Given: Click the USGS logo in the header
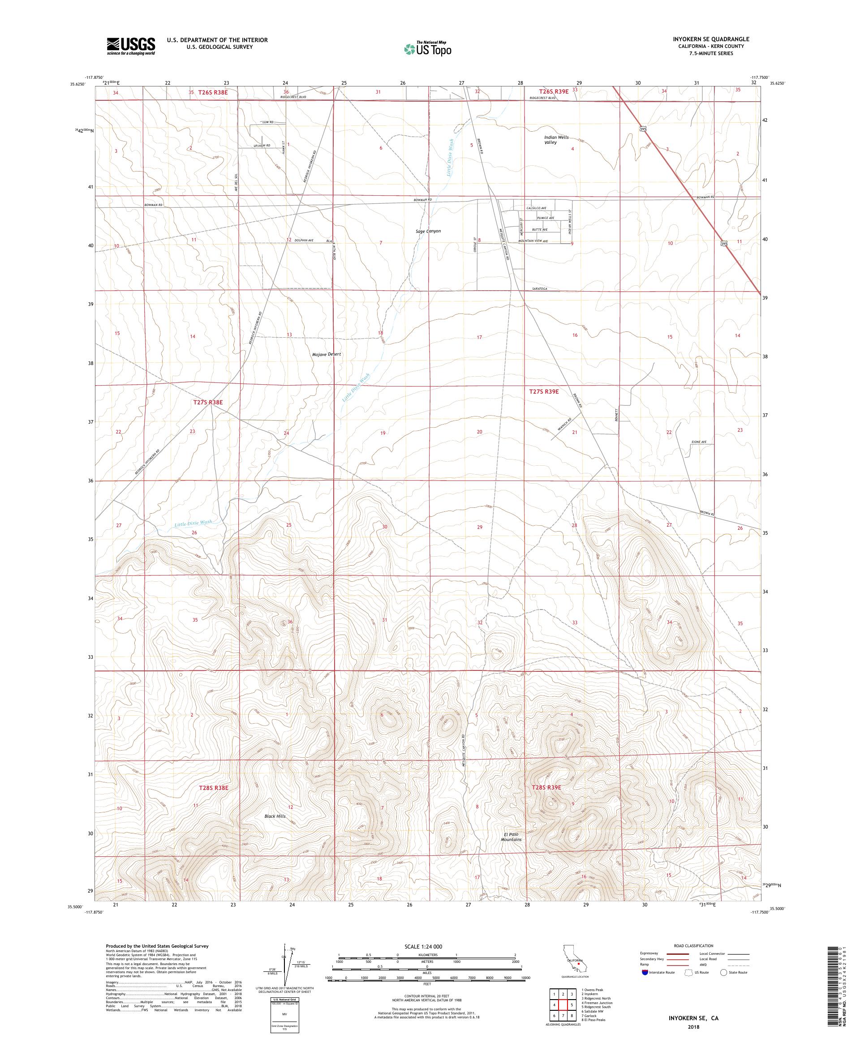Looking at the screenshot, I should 131,46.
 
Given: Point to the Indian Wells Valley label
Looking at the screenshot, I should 556,140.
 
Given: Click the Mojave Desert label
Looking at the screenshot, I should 327,354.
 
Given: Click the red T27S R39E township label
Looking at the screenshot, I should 544,391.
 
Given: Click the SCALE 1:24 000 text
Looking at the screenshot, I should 427,946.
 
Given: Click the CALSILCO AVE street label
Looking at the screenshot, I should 537,208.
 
